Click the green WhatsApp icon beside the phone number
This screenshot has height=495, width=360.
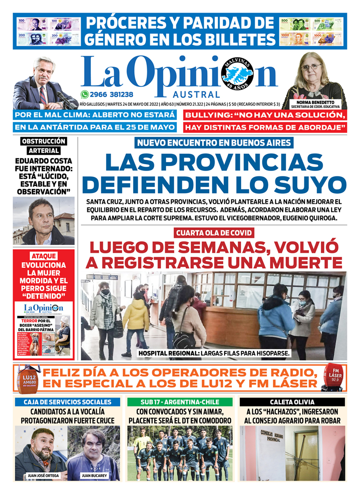pos(84,94)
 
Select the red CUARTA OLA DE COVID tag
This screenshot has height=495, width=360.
pos(214,233)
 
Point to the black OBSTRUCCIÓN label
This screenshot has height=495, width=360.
pos(44,141)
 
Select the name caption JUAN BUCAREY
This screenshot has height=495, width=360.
pos(95,475)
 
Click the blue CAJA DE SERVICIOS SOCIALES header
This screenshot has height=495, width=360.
pos(67,402)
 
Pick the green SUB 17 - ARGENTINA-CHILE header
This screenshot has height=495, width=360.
pos(180,402)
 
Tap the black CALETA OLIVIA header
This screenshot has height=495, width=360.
pos(292,402)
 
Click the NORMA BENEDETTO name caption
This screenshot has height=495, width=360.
pos(315,102)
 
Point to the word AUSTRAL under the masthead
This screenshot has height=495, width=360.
pos(197,95)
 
